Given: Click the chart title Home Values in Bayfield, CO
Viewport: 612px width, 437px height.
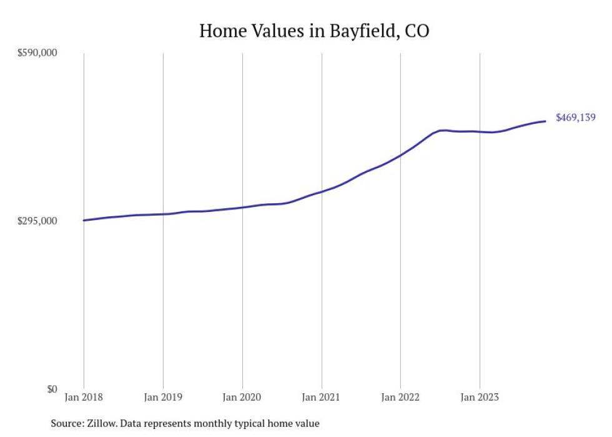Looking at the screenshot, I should (314, 31).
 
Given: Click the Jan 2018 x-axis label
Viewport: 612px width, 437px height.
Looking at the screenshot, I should (84, 396).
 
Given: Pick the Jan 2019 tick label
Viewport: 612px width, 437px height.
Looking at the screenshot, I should (163, 396).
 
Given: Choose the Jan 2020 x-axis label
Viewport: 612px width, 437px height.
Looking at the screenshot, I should (242, 396).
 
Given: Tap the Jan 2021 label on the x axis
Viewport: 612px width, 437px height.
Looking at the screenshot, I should (321, 396).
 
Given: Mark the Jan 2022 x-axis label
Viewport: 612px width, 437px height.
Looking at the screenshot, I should (400, 396).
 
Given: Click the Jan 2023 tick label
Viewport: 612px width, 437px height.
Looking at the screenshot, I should (480, 396).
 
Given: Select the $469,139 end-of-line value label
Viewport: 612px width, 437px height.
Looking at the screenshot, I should (575, 118).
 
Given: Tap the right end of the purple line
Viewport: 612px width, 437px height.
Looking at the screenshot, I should (546, 121).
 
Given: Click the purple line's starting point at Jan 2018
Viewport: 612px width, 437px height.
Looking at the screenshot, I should (84, 220).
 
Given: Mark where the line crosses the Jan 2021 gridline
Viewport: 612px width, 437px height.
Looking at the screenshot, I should (322, 191).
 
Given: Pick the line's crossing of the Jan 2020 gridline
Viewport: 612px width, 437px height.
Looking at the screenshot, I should (242, 207).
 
